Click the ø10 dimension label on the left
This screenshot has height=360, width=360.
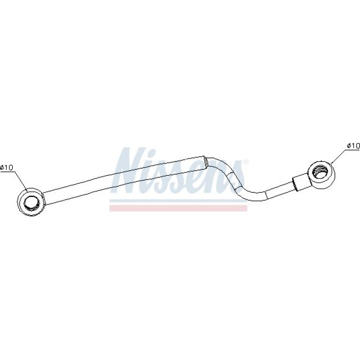[7, 167]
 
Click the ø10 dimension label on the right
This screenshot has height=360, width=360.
[353, 145]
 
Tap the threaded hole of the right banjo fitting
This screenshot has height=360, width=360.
[321, 172]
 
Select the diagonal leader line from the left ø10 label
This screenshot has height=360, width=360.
[21, 182]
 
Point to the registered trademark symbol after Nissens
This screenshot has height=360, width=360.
[245, 162]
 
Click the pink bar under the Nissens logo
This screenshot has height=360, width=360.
[178, 208]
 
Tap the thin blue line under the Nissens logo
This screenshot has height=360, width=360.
[178, 201]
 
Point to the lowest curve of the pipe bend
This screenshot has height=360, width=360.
[256, 196]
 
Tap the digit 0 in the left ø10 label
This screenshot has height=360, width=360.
[10, 167]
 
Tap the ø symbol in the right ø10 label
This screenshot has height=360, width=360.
[349, 146]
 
